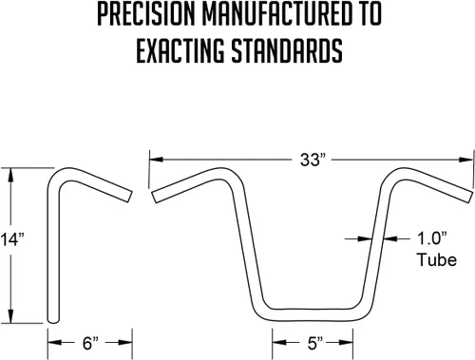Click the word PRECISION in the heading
click(x=145, y=14)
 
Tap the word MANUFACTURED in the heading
click(x=277, y=14)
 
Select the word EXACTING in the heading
click(x=180, y=51)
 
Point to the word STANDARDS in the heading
click(x=287, y=51)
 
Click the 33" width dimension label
click(x=313, y=160)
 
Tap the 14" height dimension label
click(x=12, y=239)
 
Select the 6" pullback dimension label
click(x=90, y=343)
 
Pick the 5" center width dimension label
click(x=314, y=343)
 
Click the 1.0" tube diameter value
click(x=432, y=238)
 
